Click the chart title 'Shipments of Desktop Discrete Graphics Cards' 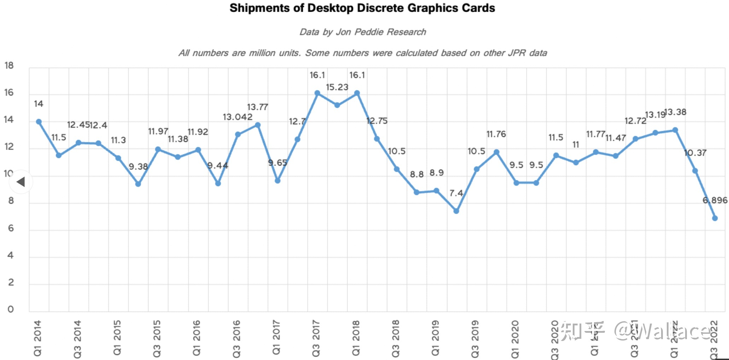pos(362,8)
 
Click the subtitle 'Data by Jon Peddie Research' pos(363,32)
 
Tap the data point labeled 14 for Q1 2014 pos(39,122)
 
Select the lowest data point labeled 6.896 pos(715,218)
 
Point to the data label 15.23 pos(337,87)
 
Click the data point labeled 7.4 pos(456,211)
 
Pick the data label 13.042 pos(238,117)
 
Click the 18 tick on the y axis pos(9,65)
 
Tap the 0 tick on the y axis pos(11,309)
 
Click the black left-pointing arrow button pos(21,182)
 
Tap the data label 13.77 pos(257,107)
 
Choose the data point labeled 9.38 pos(138,184)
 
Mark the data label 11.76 pos(496,134)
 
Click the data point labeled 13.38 pos(675,130)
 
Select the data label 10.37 pos(695,153)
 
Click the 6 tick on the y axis pos(11,228)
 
